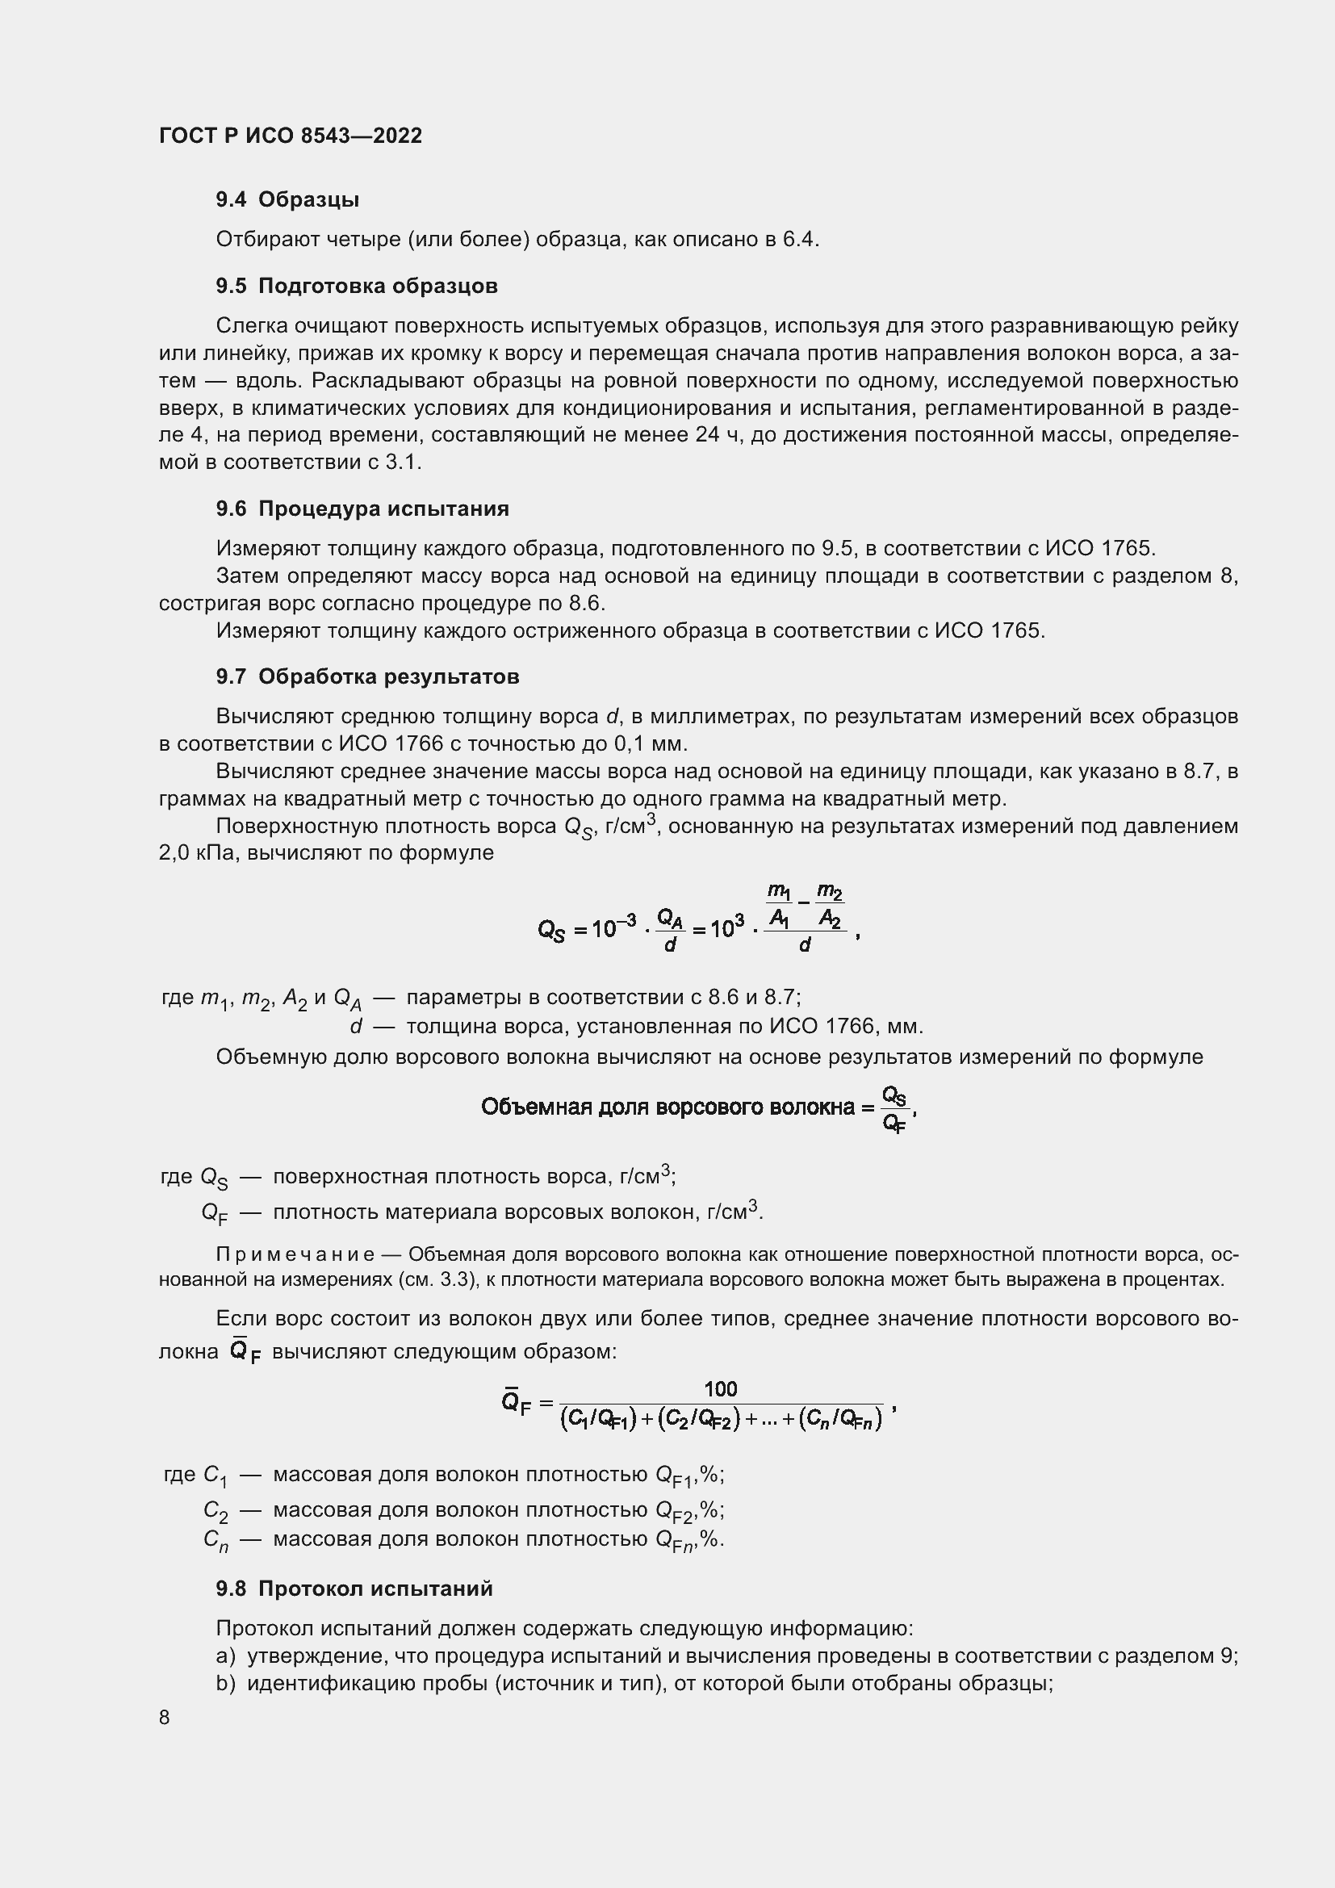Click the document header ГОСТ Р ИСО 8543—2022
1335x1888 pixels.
(291, 136)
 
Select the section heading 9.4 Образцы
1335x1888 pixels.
(287, 200)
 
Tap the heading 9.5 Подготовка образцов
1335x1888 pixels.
(357, 287)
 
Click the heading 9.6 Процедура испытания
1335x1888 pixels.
(362, 509)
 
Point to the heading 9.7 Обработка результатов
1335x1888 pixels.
(367, 676)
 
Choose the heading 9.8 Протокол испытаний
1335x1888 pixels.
(354, 1589)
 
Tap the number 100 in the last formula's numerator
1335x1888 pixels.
(720, 1389)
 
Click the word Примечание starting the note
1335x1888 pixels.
(295, 1254)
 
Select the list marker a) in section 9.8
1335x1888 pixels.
(226, 1656)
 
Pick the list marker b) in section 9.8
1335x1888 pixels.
(226, 1683)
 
